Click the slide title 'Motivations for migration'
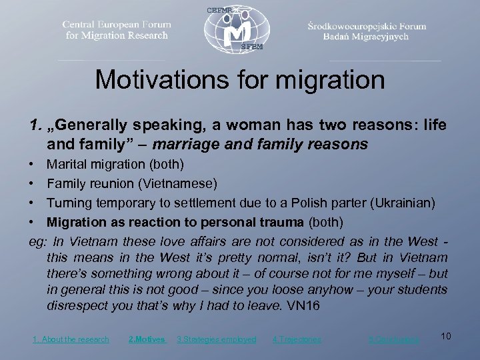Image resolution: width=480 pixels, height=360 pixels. click(x=240, y=81)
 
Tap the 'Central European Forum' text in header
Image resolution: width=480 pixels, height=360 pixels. click(x=117, y=25)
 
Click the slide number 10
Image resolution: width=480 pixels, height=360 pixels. click(x=446, y=337)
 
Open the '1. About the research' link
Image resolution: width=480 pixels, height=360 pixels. click(x=71, y=339)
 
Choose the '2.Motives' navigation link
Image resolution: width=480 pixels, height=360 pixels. click(x=147, y=339)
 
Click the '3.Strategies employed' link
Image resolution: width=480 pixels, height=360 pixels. click(x=216, y=339)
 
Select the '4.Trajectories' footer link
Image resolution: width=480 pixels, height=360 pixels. click(x=297, y=339)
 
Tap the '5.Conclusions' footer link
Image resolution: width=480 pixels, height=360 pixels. click(x=394, y=339)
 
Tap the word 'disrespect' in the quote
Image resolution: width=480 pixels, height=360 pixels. click(x=77, y=305)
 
